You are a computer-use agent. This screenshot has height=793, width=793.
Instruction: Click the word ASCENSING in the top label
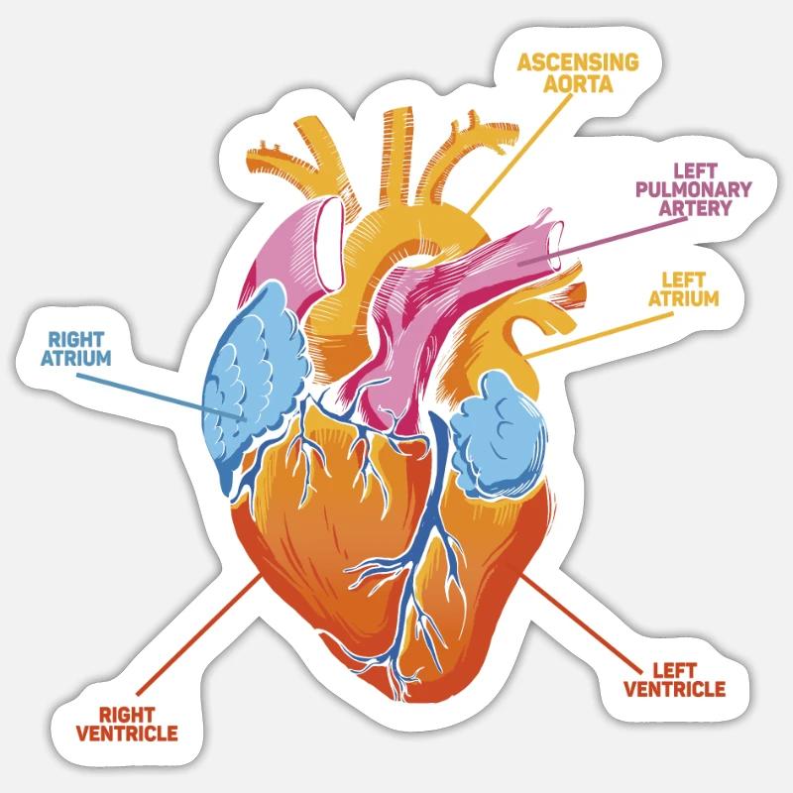tap(578, 62)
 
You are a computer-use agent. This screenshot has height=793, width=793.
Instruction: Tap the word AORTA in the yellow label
tap(578, 83)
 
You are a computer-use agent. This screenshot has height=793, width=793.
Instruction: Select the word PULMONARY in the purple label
tap(693, 189)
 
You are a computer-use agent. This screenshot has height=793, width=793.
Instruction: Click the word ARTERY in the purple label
tap(696, 208)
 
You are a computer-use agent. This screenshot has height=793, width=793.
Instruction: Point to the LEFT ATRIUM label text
tap(684, 289)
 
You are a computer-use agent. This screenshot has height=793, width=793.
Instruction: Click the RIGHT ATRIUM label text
tap(76, 349)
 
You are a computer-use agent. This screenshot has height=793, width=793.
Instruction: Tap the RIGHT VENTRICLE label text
tap(127, 725)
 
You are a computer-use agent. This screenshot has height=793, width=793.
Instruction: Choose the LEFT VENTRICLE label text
tap(675, 680)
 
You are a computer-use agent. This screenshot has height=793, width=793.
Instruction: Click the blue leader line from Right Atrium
tap(161, 397)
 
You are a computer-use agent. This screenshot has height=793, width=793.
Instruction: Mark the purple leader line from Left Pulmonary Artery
tap(603, 241)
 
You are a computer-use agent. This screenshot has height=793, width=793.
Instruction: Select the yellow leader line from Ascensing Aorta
tap(519, 154)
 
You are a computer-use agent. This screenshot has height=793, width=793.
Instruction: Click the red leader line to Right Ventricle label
tap(199, 634)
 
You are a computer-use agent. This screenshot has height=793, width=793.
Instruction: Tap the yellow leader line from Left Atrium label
tap(600, 335)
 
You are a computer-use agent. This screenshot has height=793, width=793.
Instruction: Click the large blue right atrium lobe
tap(251, 382)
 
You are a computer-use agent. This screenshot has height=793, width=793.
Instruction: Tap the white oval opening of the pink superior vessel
tap(330, 244)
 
